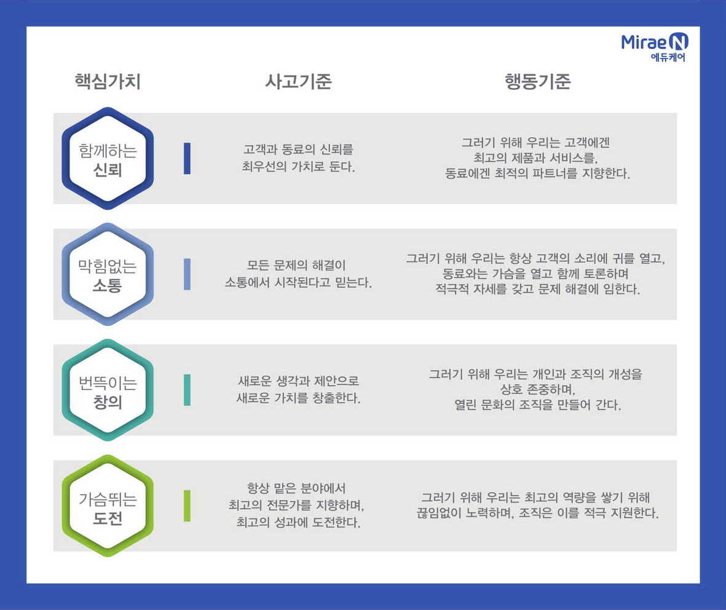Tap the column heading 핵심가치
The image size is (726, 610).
tap(108, 81)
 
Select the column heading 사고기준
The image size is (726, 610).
tap(298, 81)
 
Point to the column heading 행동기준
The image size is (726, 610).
tap(537, 81)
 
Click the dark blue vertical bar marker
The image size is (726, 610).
tap(187, 159)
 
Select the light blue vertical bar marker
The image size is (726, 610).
tap(187, 274)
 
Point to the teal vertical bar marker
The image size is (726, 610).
tap(187, 390)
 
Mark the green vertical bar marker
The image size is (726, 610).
tap(187, 506)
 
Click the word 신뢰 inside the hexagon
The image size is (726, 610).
tap(108, 170)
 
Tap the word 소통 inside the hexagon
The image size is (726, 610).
tap(108, 285)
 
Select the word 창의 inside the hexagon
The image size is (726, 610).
tap(108, 402)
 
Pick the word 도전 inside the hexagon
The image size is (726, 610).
tap(108, 517)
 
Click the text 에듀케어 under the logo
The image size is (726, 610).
tap(668, 57)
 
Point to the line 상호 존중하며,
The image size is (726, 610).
tap(537, 389)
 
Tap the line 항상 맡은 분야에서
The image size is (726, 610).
tap(296, 488)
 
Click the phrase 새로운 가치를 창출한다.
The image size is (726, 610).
tap(298, 398)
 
